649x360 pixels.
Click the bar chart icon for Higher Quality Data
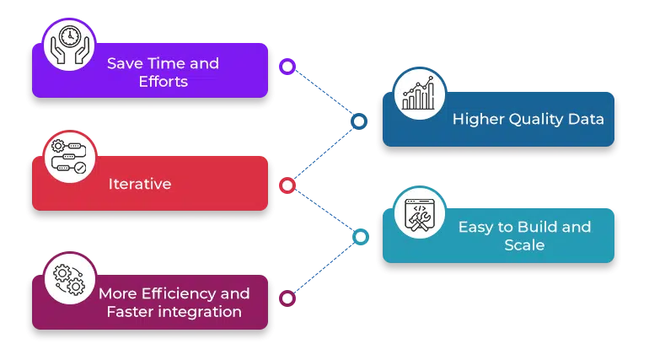420,95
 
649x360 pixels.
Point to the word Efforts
163,82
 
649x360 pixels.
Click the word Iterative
140,183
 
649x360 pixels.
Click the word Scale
524,245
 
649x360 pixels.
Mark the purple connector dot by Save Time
287,67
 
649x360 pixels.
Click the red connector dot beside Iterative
287,185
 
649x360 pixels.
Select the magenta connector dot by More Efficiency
287,298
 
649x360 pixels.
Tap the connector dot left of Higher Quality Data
360,121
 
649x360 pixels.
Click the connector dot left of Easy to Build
361,237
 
